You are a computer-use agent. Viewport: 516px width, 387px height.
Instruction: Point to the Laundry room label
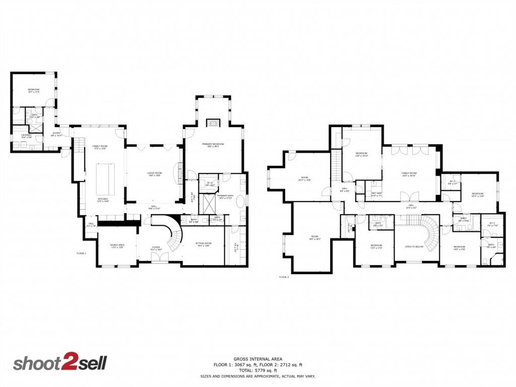(x=27, y=136)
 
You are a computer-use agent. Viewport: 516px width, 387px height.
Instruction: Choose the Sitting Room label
(x=203, y=244)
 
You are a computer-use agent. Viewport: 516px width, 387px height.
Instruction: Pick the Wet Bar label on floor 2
(x=376, y=193)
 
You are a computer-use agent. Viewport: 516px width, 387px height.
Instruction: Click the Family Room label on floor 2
(x=409, y=174)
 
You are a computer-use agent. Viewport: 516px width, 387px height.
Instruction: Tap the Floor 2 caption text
(x=284, y=277)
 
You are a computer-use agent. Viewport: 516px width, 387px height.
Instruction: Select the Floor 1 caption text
(x=81, y=253)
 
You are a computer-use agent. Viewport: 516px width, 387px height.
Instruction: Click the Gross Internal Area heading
(x=257, y=359)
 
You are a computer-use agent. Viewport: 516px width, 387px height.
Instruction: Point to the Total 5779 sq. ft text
(x=257, y=370)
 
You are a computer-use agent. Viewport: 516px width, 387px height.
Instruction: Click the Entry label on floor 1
(x=56, y=135)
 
